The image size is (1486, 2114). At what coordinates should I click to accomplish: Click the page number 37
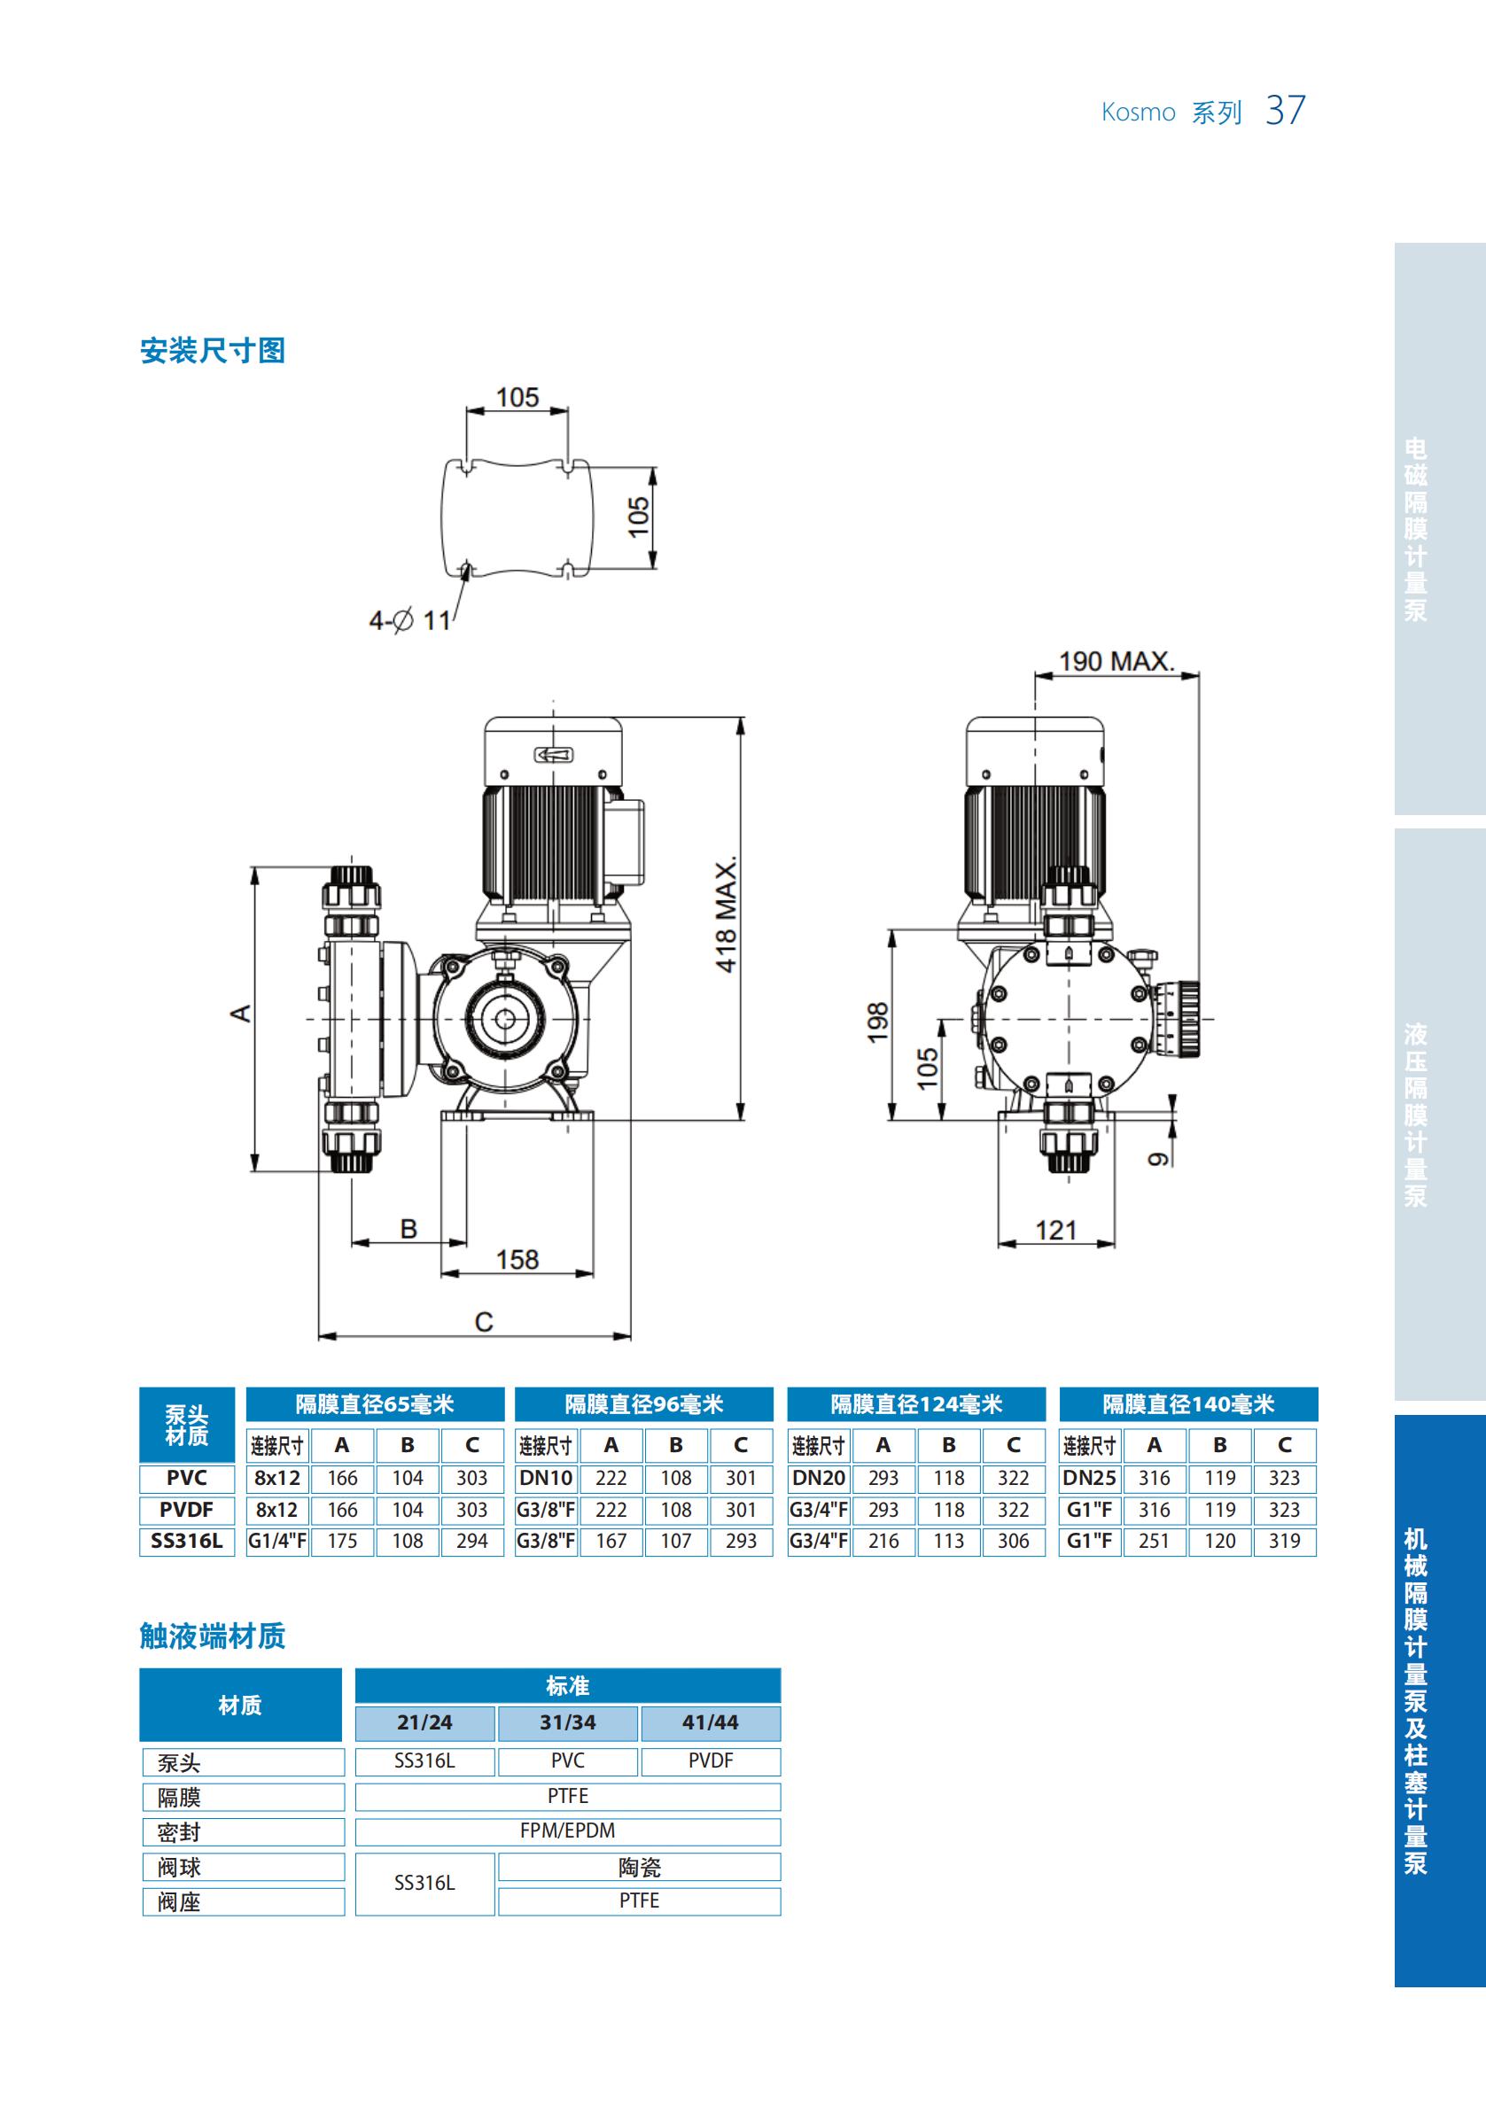1284,111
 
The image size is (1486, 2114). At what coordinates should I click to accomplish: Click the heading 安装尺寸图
212,351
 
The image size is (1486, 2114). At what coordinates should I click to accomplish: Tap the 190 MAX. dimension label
1115,661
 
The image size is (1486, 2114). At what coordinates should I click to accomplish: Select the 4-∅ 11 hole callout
409,620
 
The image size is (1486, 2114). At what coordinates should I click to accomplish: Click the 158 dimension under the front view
517,1260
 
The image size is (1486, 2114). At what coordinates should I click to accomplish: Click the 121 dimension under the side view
1055,1230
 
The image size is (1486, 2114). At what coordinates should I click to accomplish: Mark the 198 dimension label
877,1022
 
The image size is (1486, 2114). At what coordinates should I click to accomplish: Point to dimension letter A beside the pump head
240,1014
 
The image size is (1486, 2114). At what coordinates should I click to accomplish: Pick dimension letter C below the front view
483,1322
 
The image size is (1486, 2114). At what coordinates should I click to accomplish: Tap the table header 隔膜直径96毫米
643,1404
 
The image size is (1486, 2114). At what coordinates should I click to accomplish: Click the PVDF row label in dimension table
186,1510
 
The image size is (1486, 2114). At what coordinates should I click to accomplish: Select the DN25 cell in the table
1089,1479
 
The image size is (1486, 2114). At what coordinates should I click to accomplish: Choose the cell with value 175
343,1542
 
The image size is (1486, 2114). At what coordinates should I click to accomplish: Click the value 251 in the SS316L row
1154,1542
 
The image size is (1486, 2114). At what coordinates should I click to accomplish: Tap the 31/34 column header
567,1722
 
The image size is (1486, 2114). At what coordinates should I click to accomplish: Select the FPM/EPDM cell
567,1830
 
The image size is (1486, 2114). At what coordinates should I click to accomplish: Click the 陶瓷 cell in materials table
639,1867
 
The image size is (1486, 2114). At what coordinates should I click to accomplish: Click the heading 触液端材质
212,1636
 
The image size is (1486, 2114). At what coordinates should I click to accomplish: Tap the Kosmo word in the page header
1138,113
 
